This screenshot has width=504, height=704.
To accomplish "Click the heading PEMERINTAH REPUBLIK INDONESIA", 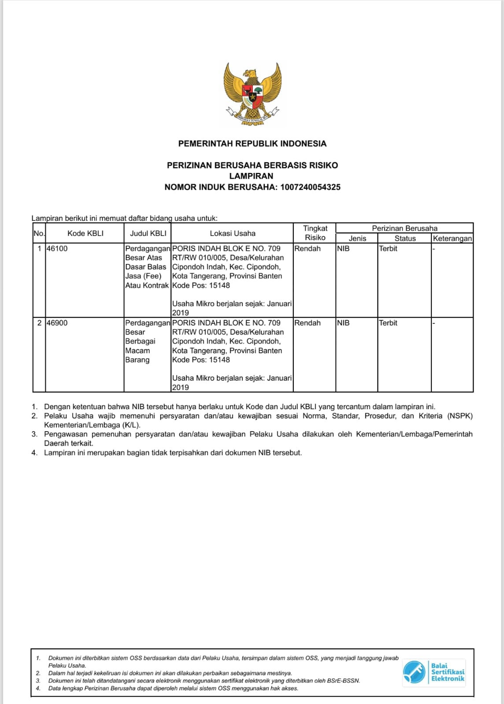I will (x=252, y=143).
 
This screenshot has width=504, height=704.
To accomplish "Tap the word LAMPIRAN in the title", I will (x=251, y=176).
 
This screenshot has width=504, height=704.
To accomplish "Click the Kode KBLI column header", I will (x=85, y=233).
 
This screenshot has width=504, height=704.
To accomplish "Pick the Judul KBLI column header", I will (x=148, y=233).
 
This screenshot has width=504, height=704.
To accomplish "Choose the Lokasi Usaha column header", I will (x=232, y=233).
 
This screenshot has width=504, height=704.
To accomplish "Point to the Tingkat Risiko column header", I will (x=315, y=233).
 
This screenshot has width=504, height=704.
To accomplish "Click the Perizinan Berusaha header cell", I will (x=404, y=228).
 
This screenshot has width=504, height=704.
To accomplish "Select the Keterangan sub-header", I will (x=452, y=238).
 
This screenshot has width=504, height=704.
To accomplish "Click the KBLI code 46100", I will (x=57, y=249).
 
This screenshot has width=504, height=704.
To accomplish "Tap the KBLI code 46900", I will (x=57, y=323).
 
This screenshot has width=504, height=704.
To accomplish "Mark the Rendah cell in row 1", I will (x=308, y=249).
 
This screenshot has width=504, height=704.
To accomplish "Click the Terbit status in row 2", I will (x=388, y=323).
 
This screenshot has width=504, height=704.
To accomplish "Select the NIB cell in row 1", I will (x=343, y=249).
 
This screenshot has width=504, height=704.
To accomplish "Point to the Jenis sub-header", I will (x=357, y=238).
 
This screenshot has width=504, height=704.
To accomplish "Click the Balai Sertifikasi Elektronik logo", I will (x=434, y=672).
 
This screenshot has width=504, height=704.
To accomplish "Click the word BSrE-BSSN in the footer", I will (x=344, y=681).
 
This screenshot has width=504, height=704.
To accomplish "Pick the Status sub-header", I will (x=405, y=238).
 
